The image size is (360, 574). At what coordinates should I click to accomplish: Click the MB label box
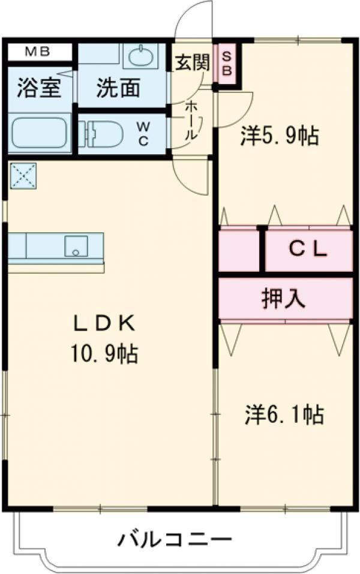pyautogui.click(x=38, y=52)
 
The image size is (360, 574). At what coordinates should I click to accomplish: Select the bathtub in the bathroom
pyautogui.click(x=39, y=133)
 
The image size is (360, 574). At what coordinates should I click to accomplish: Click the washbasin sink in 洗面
pyautogui.click(x=142, y=56)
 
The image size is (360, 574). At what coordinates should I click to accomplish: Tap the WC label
pyautogui.click(x=143, y=134)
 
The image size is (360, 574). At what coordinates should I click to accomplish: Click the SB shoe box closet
pyautogui.click(x=227, y=64)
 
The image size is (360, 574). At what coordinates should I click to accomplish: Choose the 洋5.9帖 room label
pyautogui.click(x=280, y=136)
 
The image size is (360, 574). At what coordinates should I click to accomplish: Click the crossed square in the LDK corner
pyautogui.click(x=23, y=176)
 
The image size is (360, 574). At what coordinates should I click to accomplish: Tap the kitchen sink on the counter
pyautogui.click(x=76, y=246)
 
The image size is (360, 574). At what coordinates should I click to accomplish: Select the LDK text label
pyautogui.click(x=104, y=324)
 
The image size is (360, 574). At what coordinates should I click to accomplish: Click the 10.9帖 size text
pyautogui.click(x=104, y=353)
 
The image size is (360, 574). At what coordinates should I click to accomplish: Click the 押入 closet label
pyautogui.click(x=283, y=298)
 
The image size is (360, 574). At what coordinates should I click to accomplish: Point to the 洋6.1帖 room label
pyautogui.click(x=284, y=414)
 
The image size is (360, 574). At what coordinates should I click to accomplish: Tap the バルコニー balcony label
pyautogui.click(x=175, y=539)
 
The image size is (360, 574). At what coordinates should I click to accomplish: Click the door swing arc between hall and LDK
pyautogui.click(x=190, y=180)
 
